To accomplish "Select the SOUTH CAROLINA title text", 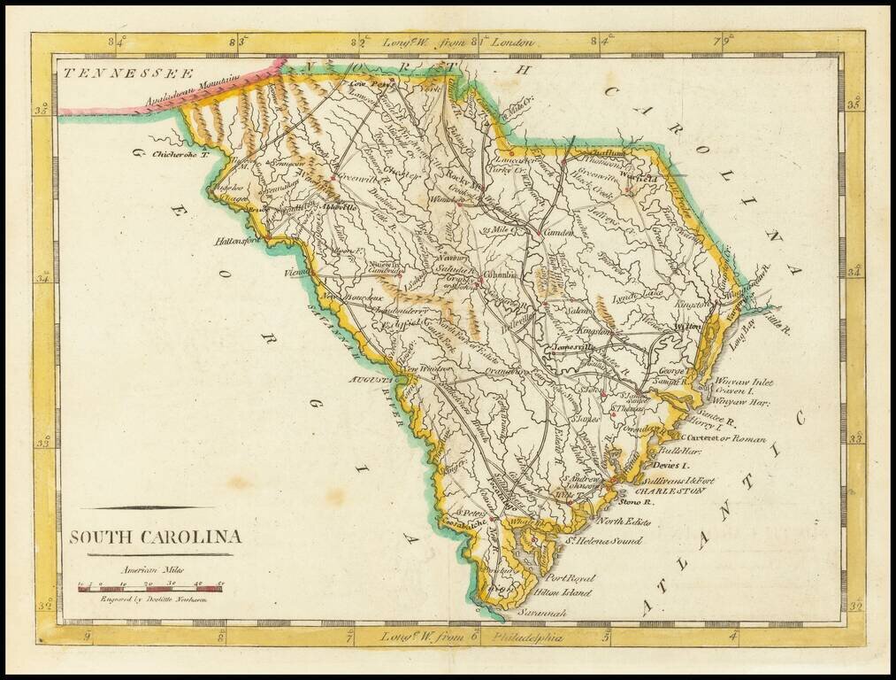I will coord(156,537).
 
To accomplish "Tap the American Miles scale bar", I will coord(150,586).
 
